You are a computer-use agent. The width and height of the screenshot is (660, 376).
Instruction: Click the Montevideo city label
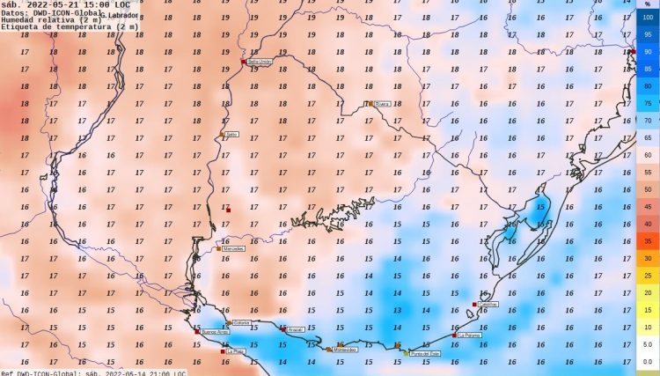[x=346, y=350]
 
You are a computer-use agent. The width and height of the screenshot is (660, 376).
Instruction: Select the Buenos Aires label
[x=215, y=333]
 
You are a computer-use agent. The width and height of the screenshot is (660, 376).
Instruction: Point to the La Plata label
[x=236, y=351]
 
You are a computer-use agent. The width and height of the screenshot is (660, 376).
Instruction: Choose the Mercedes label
[x=234, y=249]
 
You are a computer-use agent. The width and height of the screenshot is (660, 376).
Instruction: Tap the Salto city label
[x=232, y=135]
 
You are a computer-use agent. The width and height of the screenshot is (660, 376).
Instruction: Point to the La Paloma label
[x=469, y=335]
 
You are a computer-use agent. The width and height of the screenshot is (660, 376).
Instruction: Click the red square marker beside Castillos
[x=475, y=305]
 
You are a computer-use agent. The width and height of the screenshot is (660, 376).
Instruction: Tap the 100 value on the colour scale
[x=648, y=17]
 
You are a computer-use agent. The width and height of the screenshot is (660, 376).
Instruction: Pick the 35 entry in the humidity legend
[x=648, y=240]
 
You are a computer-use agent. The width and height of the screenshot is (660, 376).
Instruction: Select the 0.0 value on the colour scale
[x=648, y=361]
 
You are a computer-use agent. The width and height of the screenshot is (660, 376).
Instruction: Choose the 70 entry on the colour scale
[x=648, y=121]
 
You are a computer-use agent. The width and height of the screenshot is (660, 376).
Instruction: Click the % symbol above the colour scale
[x=648, y=4]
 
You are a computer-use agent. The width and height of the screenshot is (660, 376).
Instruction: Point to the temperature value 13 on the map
[x=396, y=310]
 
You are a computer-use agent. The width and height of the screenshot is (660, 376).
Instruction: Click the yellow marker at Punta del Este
[x=406, y=352]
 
